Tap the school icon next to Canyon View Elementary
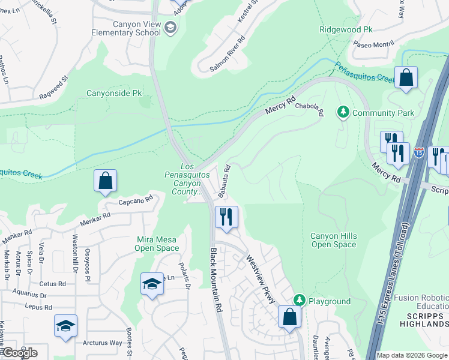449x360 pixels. [170, 28]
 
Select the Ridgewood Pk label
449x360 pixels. [346, 28]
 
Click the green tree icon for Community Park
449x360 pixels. [343, 112]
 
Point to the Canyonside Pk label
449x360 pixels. [114, 93]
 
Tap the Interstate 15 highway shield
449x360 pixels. [418, 152]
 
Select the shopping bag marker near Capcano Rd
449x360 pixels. [105, 180]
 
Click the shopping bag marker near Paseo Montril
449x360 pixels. [406, 77]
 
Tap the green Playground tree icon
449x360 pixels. [300, 300]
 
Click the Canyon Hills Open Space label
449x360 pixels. [333, 240]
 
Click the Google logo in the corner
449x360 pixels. [19, 353]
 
